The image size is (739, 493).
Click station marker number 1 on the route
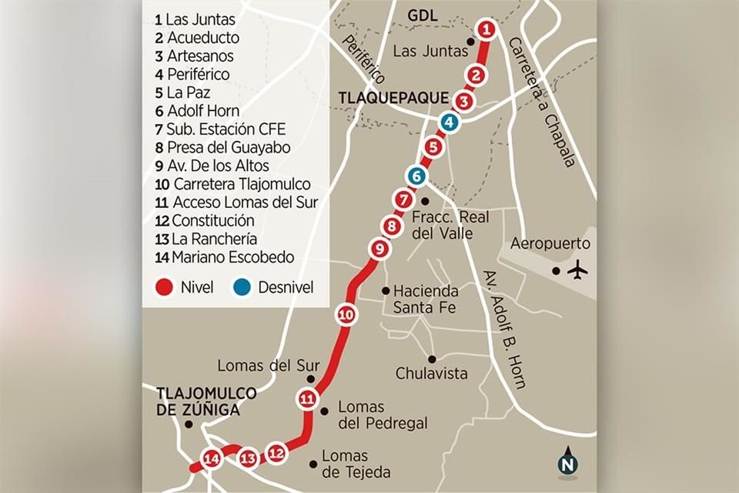486,30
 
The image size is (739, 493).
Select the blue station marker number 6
416,176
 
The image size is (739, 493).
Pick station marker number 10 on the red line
346,314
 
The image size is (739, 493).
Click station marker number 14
211,459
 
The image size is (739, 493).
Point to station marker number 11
307,398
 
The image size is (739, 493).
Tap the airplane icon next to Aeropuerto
577,270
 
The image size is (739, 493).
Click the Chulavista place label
432,374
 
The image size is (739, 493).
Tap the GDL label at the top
422,15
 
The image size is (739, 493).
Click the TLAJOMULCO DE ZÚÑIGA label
206,401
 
